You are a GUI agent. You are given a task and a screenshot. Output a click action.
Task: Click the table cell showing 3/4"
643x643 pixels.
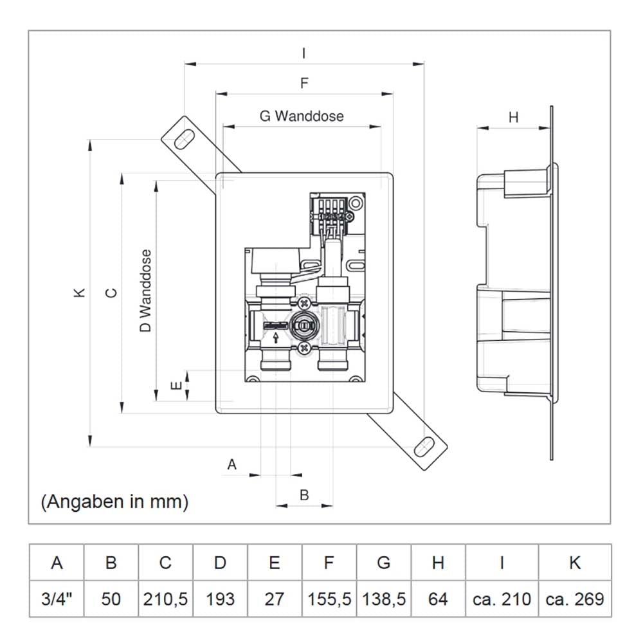point(57,599)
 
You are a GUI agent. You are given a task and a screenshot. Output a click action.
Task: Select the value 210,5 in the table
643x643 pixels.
point(165,599)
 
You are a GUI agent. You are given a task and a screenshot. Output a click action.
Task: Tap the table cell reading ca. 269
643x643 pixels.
point(575,599)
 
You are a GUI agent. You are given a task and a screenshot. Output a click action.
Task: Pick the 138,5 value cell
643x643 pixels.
point(384,599)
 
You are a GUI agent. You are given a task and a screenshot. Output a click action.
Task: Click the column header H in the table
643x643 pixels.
point(438,563)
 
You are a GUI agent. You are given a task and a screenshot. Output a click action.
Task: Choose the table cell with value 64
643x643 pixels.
point(438,599)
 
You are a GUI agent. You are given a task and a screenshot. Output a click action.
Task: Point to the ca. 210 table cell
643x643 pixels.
point(502,599)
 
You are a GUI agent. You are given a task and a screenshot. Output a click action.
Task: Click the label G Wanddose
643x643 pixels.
point(302,116)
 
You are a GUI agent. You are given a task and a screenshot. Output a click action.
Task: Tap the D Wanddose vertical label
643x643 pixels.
point(147,291)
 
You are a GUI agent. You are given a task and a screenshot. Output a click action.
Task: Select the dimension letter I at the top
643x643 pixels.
point(303,54)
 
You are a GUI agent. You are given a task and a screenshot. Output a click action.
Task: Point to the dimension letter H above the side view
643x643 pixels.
point(513,117)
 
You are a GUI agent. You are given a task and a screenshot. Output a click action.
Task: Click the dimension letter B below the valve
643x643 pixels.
point(305,494)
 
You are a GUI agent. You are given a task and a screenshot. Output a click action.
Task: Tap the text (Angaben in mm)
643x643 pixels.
point(114,502)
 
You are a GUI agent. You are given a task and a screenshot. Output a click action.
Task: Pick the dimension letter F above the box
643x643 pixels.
point(304,83)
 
